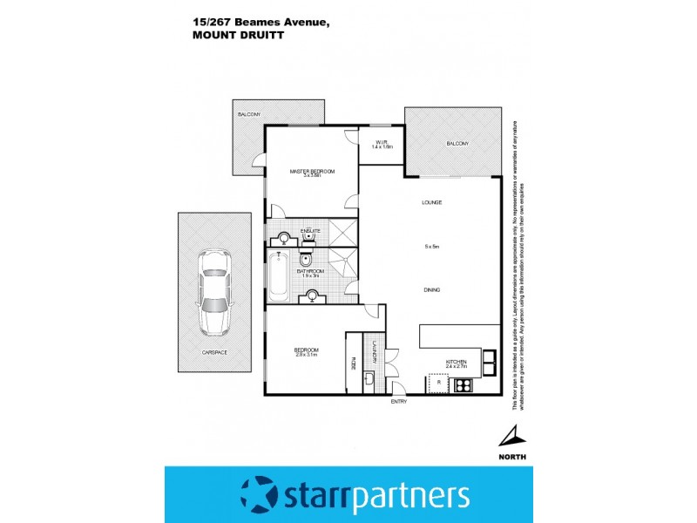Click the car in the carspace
[214, 292]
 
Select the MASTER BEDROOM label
[312, 172]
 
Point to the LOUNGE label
[432, 202]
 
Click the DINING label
[432, 289]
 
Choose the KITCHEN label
[457, 361]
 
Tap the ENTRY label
[399, 402]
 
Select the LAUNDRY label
[375, 351]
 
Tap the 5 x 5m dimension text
[432, 248]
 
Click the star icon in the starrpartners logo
[259, 495]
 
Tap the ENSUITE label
[311, 230]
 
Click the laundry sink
[370, 380]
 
